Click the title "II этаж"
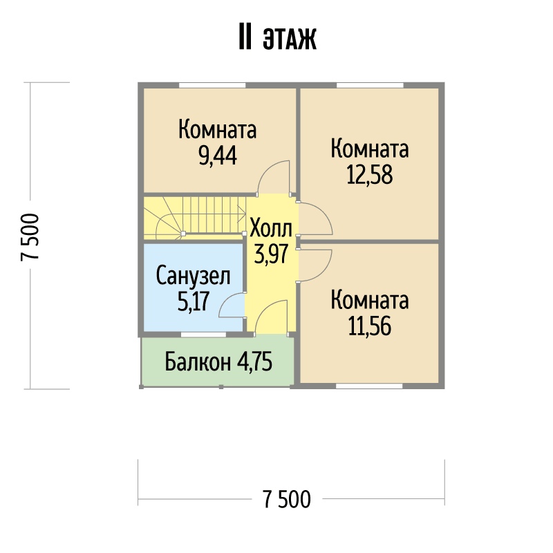click(278, 37)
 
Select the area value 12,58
click(370, 175)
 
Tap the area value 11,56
click(370, 326)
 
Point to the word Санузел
click(193, 276)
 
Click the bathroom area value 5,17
click(194, 301)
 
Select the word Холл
click(271, 229)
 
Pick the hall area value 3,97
click(271, 254)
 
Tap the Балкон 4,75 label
click(218, 362)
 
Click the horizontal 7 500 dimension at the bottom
click(287, 499)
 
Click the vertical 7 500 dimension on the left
click(30, 236)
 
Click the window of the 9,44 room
click(212, 85)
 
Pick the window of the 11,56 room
click(369, 386)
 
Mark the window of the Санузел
click(203, 335)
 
